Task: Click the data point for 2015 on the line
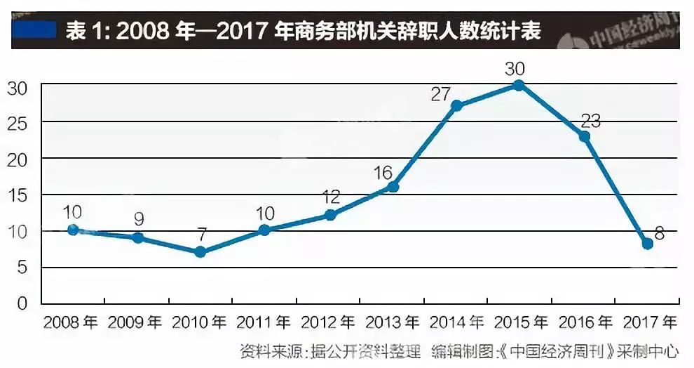click(519, 85)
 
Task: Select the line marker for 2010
click(200, 251)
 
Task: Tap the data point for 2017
click(647, 244)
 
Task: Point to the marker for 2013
click(393, 187)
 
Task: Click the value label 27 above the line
click(440, 94)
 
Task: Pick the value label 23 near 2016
click(590, 120)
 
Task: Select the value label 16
click(383, 171)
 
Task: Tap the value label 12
click(331, 197)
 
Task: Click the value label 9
click(139, 220)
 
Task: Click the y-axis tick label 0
click(22, 304)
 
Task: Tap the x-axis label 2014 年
click(456, 323)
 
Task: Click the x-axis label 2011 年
click(264, 323)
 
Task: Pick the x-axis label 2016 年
click(585, 323)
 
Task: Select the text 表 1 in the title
click(86, 32)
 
